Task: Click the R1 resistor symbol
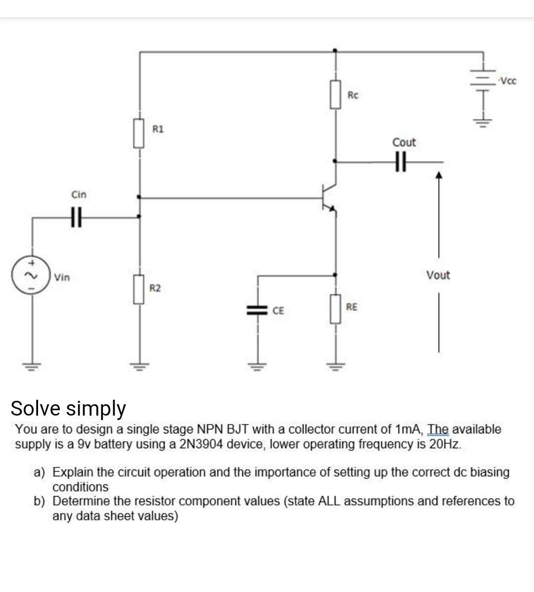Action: (138, 133)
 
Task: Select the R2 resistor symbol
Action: (138, 290)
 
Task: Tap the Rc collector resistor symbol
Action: (336, 94)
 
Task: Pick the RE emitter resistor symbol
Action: (336, 309)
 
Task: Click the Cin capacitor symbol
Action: (76, 216)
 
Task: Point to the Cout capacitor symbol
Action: (400, 161)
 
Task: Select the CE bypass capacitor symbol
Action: (257, 310)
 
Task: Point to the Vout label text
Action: (438, 275)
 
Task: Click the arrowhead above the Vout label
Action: (438, 175)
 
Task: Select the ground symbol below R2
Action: (138, 366)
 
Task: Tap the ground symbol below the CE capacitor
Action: (257, 366)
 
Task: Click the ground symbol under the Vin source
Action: (33, 366)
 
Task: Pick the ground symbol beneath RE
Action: (336, 366)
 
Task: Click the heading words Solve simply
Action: (68, 408)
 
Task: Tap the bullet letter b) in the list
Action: (40, 501)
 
